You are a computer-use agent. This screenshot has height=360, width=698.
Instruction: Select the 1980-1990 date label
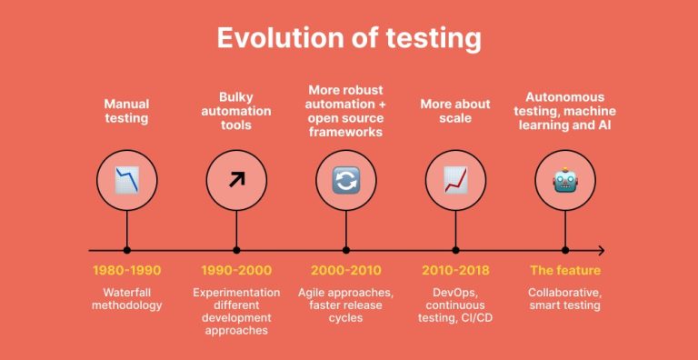pyautogui.click(x=126, y=271)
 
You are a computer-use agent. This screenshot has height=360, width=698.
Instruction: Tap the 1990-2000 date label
pyautogui.click(x=236, y=271)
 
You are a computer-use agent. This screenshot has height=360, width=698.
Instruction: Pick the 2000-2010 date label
pyautogui.click(x=346, y=271)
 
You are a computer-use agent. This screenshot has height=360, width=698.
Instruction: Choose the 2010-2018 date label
pyautogui.click(x=455, y=271)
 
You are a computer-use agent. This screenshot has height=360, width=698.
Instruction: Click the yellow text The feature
pyautogui.click(x=565, y=271)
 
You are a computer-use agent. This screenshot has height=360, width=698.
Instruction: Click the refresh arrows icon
pyautogui.click(x=346, y=180)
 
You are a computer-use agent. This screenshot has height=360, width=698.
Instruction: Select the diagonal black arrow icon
pyautogui.click(x=236, y=180)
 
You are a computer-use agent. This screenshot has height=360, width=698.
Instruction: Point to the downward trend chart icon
pyautogui.click(x=126, y=180)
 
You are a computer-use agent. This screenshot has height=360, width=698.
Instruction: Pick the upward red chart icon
pyautogui.click(x=455, y=180)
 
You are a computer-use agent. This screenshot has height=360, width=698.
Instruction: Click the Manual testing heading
pyautogui.click(x=126, y=112)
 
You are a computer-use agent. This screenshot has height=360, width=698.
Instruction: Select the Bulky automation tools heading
pyautogui.click(x=236, y=111)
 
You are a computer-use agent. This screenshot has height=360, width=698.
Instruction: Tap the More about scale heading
pyautogui.click(x=455, y=112)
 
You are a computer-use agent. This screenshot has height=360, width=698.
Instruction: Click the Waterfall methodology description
pyautogui.click(x=126, y=299)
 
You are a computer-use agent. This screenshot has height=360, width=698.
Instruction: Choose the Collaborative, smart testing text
pyautogui.click(x=565, y=299)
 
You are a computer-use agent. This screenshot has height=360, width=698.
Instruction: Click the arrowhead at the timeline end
pyautogui.click(x=600, y=250)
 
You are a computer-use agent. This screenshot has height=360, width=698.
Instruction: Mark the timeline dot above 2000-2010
pyautogui.click(x=346, y=250)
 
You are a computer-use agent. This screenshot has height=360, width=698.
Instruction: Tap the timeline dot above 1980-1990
pyautogui.click(x=126, y=250)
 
